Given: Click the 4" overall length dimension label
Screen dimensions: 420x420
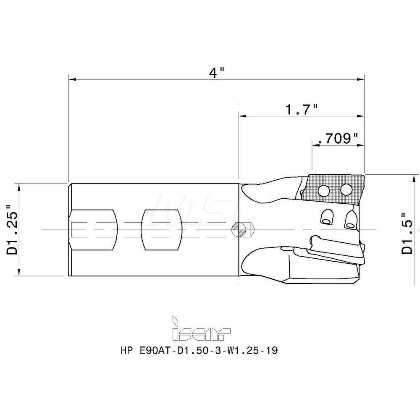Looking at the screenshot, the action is coord(216,72).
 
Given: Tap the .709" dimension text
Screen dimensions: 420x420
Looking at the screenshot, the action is coord(338,139).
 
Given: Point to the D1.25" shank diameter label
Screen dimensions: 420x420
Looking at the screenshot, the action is coord(12,229).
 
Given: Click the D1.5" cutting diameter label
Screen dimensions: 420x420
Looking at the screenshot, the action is coord(407,233).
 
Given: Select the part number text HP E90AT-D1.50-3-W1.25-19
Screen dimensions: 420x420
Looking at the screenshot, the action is coord(199,350).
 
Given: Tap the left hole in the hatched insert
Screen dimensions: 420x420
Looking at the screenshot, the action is coord(323,190).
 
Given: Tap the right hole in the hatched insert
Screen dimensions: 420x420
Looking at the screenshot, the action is coord(346,190).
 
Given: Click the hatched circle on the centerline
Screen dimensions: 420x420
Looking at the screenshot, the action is coord(239,230).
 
